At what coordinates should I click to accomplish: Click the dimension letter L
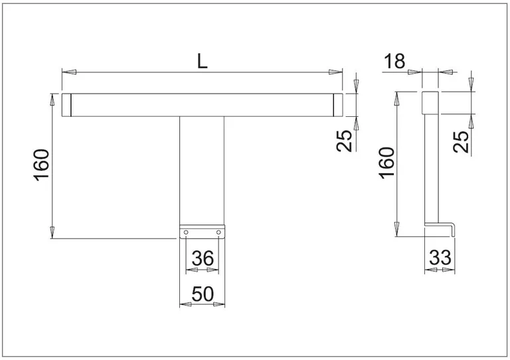click(x=203, y=61)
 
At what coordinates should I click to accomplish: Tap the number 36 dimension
click(x=203, y=258)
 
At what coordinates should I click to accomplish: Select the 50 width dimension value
click(x=203, y=294)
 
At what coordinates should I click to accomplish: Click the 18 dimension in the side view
click(x=394, y=61)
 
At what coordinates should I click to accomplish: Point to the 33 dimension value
click(x=440, y=258)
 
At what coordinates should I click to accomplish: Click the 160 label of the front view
click(x=41, y=165)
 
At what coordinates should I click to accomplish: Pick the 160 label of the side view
click(x=386, y=163)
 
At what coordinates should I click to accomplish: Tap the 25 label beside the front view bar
click(x=344, y=141)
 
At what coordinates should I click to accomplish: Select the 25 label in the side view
click(x=462, y=141)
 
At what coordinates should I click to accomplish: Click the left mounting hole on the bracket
click(x=186, y=232)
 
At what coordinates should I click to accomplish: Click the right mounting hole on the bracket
click(x=218, y=232)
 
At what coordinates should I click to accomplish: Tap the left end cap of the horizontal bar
click(x=66, y=105)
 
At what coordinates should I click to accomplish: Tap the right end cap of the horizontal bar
click(x=338, y=105)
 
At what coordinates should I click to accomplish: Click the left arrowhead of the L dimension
click(x=69, y=72)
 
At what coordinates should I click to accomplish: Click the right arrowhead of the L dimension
click(x=335, y=72)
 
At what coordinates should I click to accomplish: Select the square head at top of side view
click(x=430, y=103)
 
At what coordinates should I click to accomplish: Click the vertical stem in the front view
click(x=202, y=171)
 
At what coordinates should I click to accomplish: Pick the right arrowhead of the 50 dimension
click(x=219, y=304)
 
